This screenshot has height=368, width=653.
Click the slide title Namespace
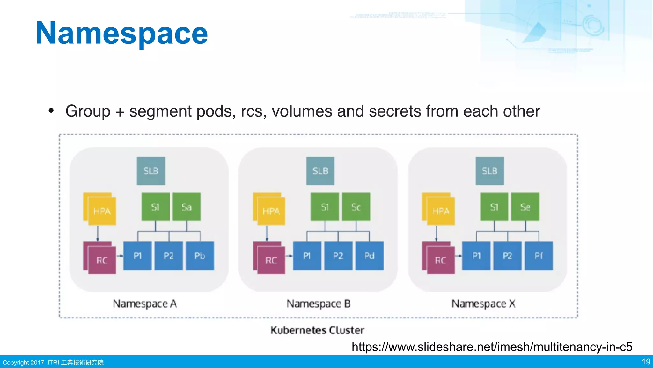[121, 33]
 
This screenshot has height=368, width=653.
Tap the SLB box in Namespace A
[151, 171]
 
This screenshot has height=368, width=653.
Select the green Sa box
[187, 207]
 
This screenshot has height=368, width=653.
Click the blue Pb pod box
[200, 256]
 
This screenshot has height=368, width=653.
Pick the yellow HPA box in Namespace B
[271, 211]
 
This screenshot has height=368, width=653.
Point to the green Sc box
[356, 207]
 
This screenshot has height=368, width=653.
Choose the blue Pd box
[370, 256]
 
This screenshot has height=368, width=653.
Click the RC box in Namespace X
[441, 260]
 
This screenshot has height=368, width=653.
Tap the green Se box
[525, 207]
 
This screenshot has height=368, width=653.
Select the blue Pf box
[539, 256]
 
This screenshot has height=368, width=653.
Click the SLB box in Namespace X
[490, 171]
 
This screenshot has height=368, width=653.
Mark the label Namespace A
[145, 303]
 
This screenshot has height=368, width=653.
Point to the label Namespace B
[319, 303]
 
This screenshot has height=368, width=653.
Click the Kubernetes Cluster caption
[317, 330]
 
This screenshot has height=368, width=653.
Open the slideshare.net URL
[492, 347]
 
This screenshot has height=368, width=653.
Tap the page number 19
[646, 362]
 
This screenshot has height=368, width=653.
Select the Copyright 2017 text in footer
[23, 363]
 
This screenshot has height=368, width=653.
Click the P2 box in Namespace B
[338, 256]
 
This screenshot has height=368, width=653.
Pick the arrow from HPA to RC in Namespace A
[98, 234]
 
